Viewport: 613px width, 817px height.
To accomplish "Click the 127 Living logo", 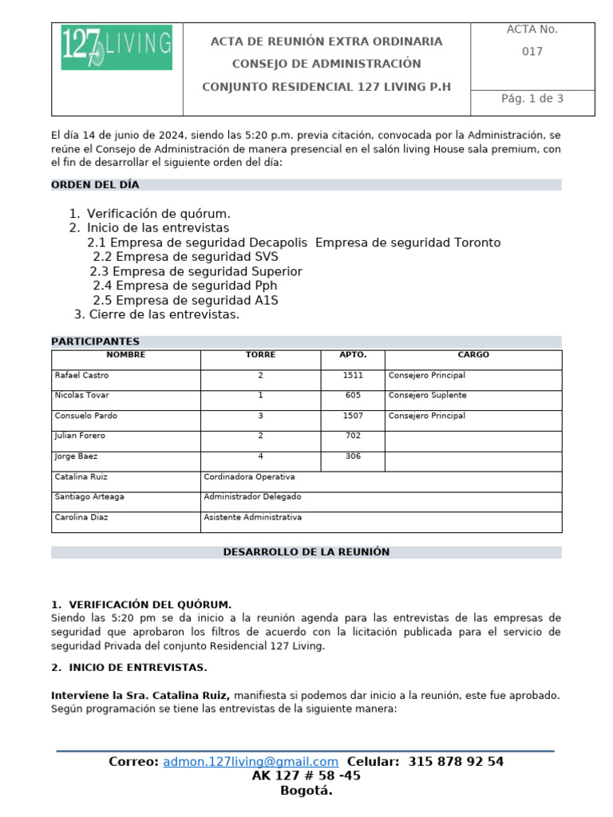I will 117,48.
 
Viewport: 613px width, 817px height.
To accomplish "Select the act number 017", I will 532,52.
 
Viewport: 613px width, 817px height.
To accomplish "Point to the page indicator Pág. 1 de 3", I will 532,99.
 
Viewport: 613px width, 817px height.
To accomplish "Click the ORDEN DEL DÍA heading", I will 95,184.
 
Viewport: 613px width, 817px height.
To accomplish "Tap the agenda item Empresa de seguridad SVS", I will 186,257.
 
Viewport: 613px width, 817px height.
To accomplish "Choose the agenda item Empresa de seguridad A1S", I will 185,300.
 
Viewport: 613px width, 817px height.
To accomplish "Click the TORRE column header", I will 260,355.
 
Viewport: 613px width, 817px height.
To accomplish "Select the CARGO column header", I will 473,355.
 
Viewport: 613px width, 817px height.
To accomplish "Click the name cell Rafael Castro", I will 81,375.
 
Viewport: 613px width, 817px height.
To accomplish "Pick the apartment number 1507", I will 353,416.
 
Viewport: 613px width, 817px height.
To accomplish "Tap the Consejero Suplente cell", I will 427,396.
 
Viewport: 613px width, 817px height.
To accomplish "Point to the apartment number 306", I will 353,456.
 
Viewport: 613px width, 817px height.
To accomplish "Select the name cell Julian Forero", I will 80,436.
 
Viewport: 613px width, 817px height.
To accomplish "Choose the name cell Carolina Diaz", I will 80,517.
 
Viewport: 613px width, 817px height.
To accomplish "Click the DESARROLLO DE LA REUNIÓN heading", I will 306,552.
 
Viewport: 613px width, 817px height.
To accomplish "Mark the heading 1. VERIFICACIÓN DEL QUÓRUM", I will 141,604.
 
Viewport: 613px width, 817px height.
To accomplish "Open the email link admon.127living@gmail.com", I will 251,762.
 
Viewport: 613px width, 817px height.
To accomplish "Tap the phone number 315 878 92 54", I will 456,762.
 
